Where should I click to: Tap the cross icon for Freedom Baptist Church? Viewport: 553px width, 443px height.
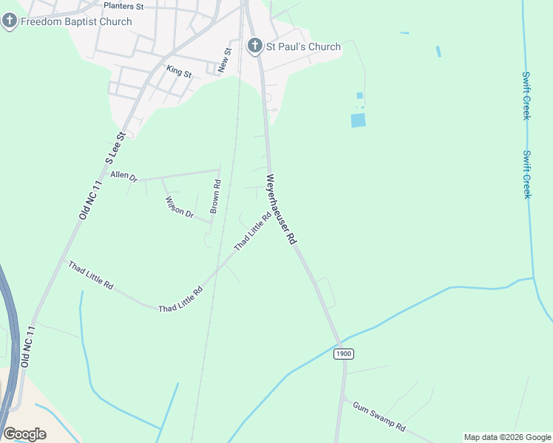(10, 21)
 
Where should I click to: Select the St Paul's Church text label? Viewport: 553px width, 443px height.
(303, 47)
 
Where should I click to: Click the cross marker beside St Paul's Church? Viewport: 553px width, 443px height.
(254, 47)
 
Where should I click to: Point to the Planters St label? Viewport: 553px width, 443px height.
(123, 6)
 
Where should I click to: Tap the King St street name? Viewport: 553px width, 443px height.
(179, 72)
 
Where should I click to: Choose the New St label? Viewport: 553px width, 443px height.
(227, 60)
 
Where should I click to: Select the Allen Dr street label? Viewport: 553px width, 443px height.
(123, 176)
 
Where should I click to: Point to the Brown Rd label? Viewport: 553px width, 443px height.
(215, 197)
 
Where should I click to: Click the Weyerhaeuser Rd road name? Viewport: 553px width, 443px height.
(282, 209)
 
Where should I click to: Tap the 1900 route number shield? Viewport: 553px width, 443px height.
(343, 354)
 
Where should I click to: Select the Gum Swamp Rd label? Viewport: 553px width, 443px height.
(379, 417)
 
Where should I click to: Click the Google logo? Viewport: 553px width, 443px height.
(24, 433)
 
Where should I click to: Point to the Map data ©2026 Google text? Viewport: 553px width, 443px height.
(508, 437)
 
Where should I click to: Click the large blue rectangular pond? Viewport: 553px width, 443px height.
(358, 120)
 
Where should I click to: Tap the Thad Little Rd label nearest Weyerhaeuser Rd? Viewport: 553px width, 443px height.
(252, 232)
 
